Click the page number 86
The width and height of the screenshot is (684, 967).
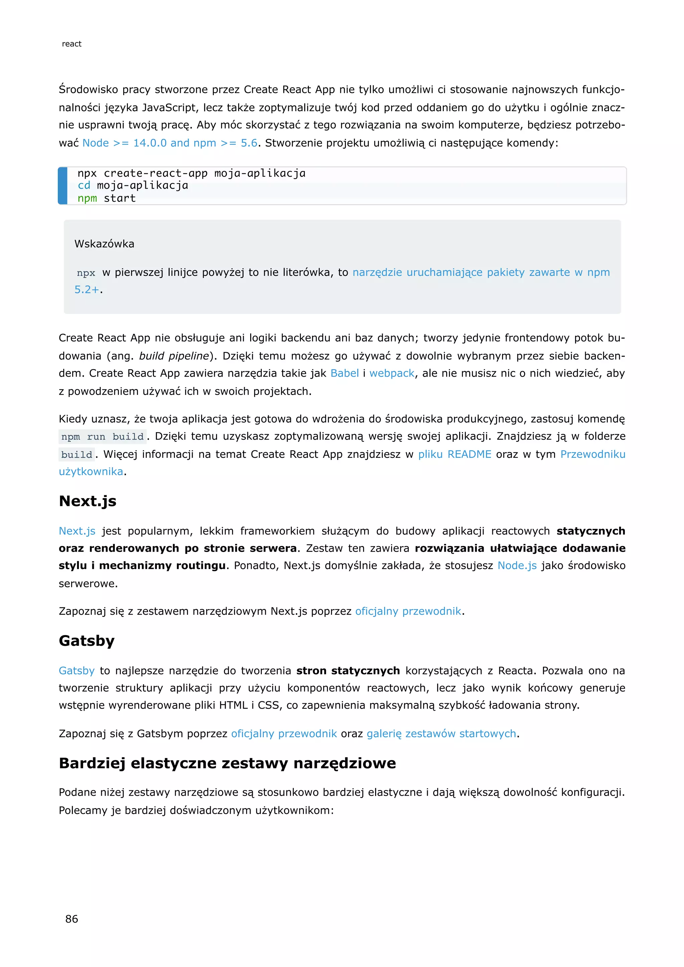click(71, 919)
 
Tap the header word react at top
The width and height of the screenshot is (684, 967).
click(71, 44)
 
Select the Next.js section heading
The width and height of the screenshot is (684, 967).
click(88, 501)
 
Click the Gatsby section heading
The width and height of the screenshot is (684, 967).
click(87, 640)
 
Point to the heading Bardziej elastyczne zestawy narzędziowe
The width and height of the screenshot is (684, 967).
click(227, 763)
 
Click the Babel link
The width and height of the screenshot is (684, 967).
click(345, 374)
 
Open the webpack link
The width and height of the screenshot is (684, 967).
click(392, 374)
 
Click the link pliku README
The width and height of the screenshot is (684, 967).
click(455, 454)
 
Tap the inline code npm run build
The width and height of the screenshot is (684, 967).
click(102, 437)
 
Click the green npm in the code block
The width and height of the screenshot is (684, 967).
click(87, 198)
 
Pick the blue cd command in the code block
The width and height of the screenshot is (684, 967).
click(84, 186)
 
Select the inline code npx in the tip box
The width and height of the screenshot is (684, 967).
click(86, 273)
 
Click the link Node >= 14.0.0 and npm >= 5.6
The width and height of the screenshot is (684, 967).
click(170, 143)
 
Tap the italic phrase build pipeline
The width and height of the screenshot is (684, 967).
click(174, 356)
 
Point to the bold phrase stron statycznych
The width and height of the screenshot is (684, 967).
click(348, 670)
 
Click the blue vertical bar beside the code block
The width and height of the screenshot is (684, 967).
click(63, 186)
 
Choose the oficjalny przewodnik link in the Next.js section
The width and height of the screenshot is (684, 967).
click(408, 611)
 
